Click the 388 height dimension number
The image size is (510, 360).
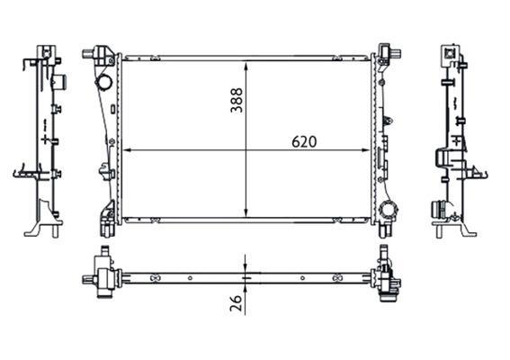click(x=237, y=100)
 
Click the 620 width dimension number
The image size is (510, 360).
click(x=304, y=142)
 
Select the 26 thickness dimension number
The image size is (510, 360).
click(x=237, y=303)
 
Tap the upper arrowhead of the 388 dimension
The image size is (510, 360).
click(x=246, y=67)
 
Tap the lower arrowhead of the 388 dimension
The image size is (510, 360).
click(x=246, y=212)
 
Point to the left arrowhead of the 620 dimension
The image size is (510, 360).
click(x=127, y=150)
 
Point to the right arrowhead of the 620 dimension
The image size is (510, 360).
click(x=365, y=150)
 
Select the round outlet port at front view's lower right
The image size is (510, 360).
click(x=389, y=209)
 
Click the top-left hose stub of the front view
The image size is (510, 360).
click(x=88, y=53)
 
